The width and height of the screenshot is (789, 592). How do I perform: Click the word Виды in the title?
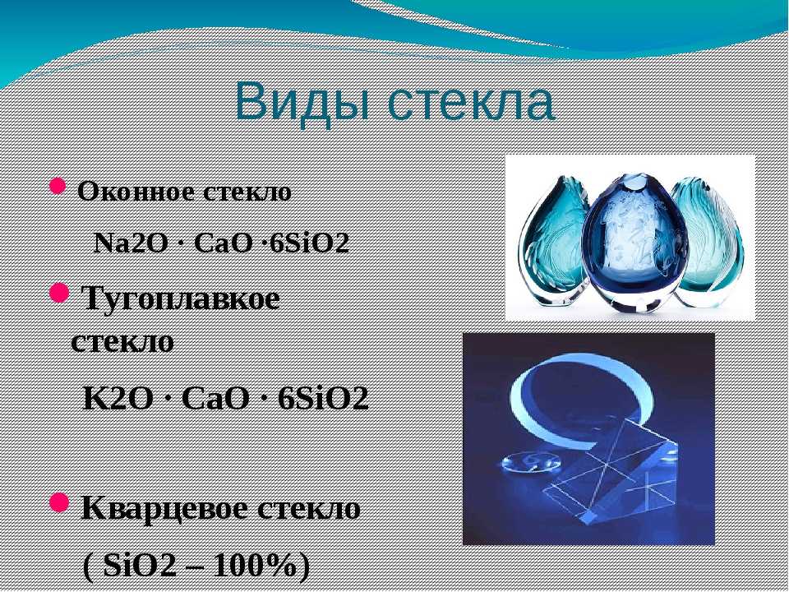300,101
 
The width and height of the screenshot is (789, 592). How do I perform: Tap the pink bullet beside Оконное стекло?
58,187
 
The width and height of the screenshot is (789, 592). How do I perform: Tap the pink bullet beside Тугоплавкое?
59,293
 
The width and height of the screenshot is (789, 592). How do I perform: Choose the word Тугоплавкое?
180,299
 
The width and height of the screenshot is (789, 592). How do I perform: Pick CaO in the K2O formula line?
215,398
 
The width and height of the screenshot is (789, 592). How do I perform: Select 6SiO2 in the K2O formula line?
323,398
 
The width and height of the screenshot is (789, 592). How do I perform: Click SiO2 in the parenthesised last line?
140,566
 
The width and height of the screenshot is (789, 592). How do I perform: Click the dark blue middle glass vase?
635,242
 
